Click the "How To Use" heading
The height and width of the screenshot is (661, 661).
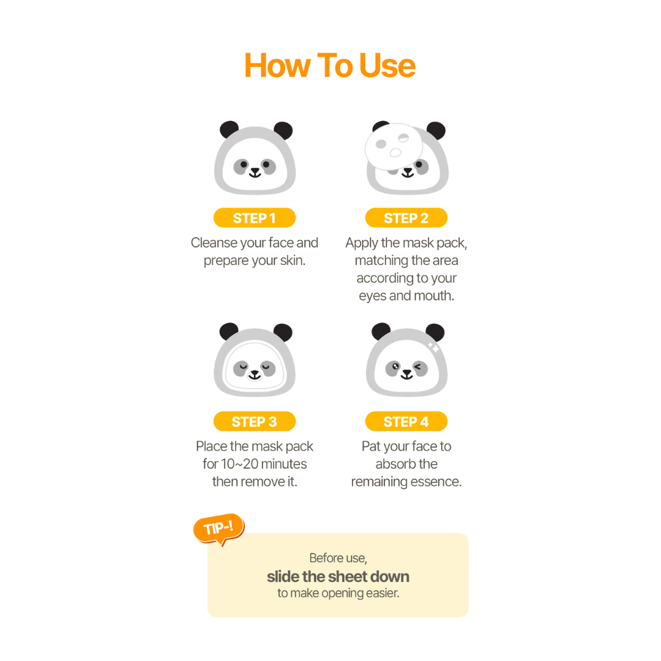point(330,65)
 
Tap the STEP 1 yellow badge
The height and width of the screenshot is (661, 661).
point(255,218)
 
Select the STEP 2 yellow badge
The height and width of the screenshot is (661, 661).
point(406,218)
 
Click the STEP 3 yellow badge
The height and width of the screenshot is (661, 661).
point(255,421)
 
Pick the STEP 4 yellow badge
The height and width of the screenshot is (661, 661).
point(406,421)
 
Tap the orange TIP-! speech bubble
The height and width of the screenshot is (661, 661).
point(219,529)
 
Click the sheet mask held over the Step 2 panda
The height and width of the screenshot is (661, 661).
point(394,146)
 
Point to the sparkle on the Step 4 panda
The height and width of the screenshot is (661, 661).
point(434,348)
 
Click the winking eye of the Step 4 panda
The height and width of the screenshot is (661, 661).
point(418,367)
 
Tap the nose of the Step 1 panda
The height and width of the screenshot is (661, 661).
point(255,171)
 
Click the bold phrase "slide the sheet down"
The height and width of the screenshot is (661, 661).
point(338,577)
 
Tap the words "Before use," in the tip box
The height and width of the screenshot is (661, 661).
point(338,558)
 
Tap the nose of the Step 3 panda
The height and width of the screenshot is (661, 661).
point(255,373)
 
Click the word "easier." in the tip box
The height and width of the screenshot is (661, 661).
point(383,593)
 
